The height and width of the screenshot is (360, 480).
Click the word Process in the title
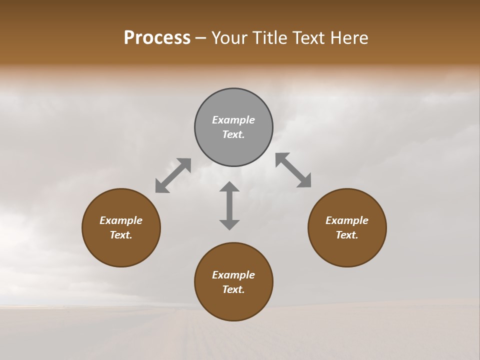[x=157, y=38]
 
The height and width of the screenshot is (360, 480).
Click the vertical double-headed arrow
[x=229, y=205]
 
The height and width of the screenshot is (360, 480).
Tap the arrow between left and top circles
[x=173, y=175]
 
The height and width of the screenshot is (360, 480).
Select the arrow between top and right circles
[x=293, y=170]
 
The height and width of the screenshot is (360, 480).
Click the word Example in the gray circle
[x=233, y=120]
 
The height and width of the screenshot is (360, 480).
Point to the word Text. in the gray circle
[x=233, y=134]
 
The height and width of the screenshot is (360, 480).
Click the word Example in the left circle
[x=121, y=220]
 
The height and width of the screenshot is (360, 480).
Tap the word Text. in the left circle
[x=121, y=235]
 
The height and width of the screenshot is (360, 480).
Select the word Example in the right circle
[x=347, y=220]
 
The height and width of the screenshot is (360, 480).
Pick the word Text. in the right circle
[x=347, y=235]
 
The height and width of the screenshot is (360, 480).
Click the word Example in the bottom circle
[x=233, y=275]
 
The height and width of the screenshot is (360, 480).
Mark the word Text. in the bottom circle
[x=233, y=289]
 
